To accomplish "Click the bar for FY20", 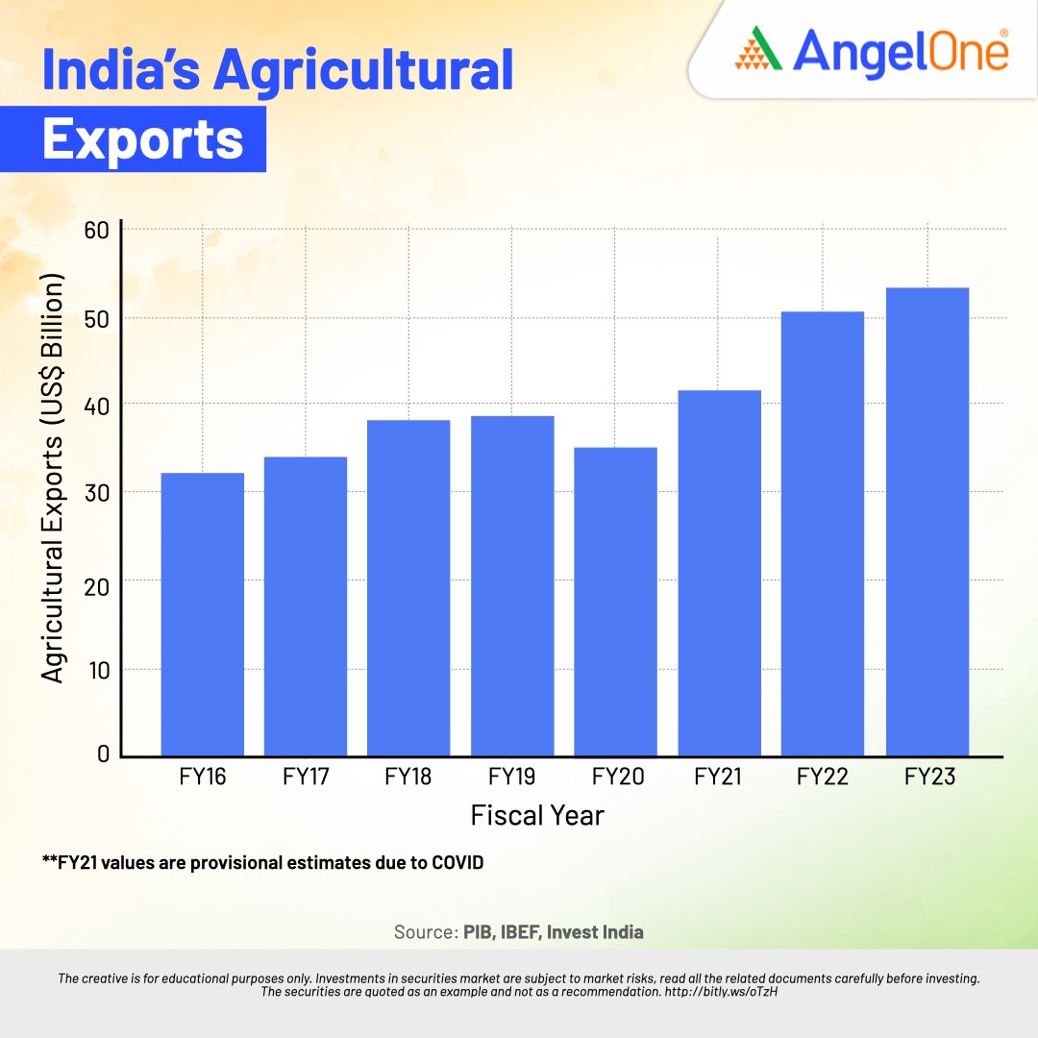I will point(615,601).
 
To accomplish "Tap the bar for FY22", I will point(823,533).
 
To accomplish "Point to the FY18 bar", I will point(408,587).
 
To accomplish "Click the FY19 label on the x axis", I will point(512,777).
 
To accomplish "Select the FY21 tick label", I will point(719,777).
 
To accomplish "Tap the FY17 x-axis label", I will point(306,777).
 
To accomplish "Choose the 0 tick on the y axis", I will point(104,755).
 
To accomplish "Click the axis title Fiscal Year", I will point(537,816).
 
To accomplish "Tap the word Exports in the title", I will point(143,140).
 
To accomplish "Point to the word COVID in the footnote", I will point(455,863).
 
